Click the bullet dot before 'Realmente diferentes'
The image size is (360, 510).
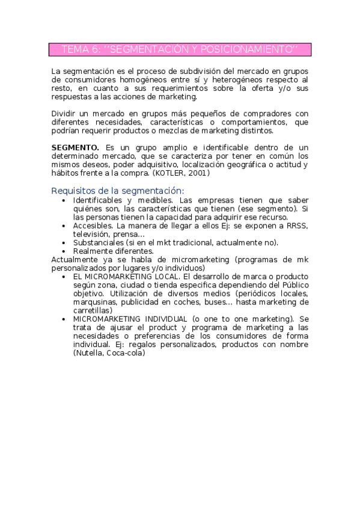[x=64, y=251]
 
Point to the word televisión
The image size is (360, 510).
[x=91, y=234]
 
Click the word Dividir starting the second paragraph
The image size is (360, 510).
[x=64, y=113]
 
